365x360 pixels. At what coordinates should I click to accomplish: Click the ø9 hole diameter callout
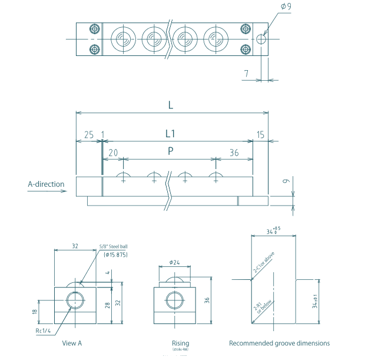pyautogui.click(x=286, y=6)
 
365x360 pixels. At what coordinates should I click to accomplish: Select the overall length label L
pyautogui.click(x=170, y=105)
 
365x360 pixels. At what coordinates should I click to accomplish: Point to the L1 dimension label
pyautogui.click(x=170, y=134)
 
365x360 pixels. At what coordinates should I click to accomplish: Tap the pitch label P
pyautogui.click(x=170, y=151)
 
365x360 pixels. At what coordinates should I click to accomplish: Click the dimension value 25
pyautogui.click(x=88, y=135)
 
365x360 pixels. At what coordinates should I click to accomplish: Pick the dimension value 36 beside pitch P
pyautogui.click(x=234, y=153)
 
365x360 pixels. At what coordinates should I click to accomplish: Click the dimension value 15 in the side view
pyautogui.click(x=260, y=135)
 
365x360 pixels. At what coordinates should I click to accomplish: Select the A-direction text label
pyautogui.click(x=46, y=184)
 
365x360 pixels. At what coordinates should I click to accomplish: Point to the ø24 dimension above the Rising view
pyautogui.click(x=174, y=261)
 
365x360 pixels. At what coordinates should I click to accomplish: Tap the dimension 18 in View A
pyautogui.click(x=34, y=311)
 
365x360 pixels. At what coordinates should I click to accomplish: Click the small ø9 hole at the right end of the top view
pyautogui.click(x=261, y=39)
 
